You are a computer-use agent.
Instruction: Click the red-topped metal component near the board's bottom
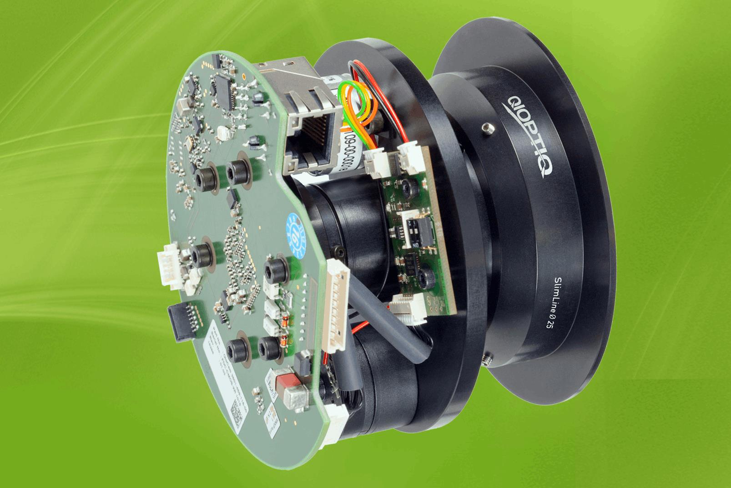click(x=284, y=385)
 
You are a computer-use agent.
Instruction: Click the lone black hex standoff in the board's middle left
click(x=202, y=251)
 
